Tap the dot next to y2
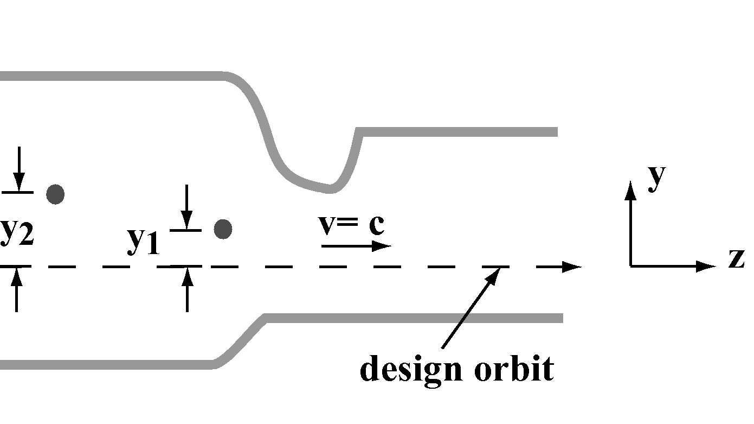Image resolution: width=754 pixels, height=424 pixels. [55, 194]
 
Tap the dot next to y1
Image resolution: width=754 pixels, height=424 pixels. [223, 229]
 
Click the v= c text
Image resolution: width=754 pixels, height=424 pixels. [352, 224]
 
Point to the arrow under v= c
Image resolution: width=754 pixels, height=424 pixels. [356, 246]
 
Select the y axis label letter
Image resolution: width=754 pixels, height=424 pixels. [656, 178]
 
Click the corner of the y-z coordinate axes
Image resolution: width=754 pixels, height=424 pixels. [630, 266]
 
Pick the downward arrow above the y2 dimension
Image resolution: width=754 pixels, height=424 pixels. [19, 168]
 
